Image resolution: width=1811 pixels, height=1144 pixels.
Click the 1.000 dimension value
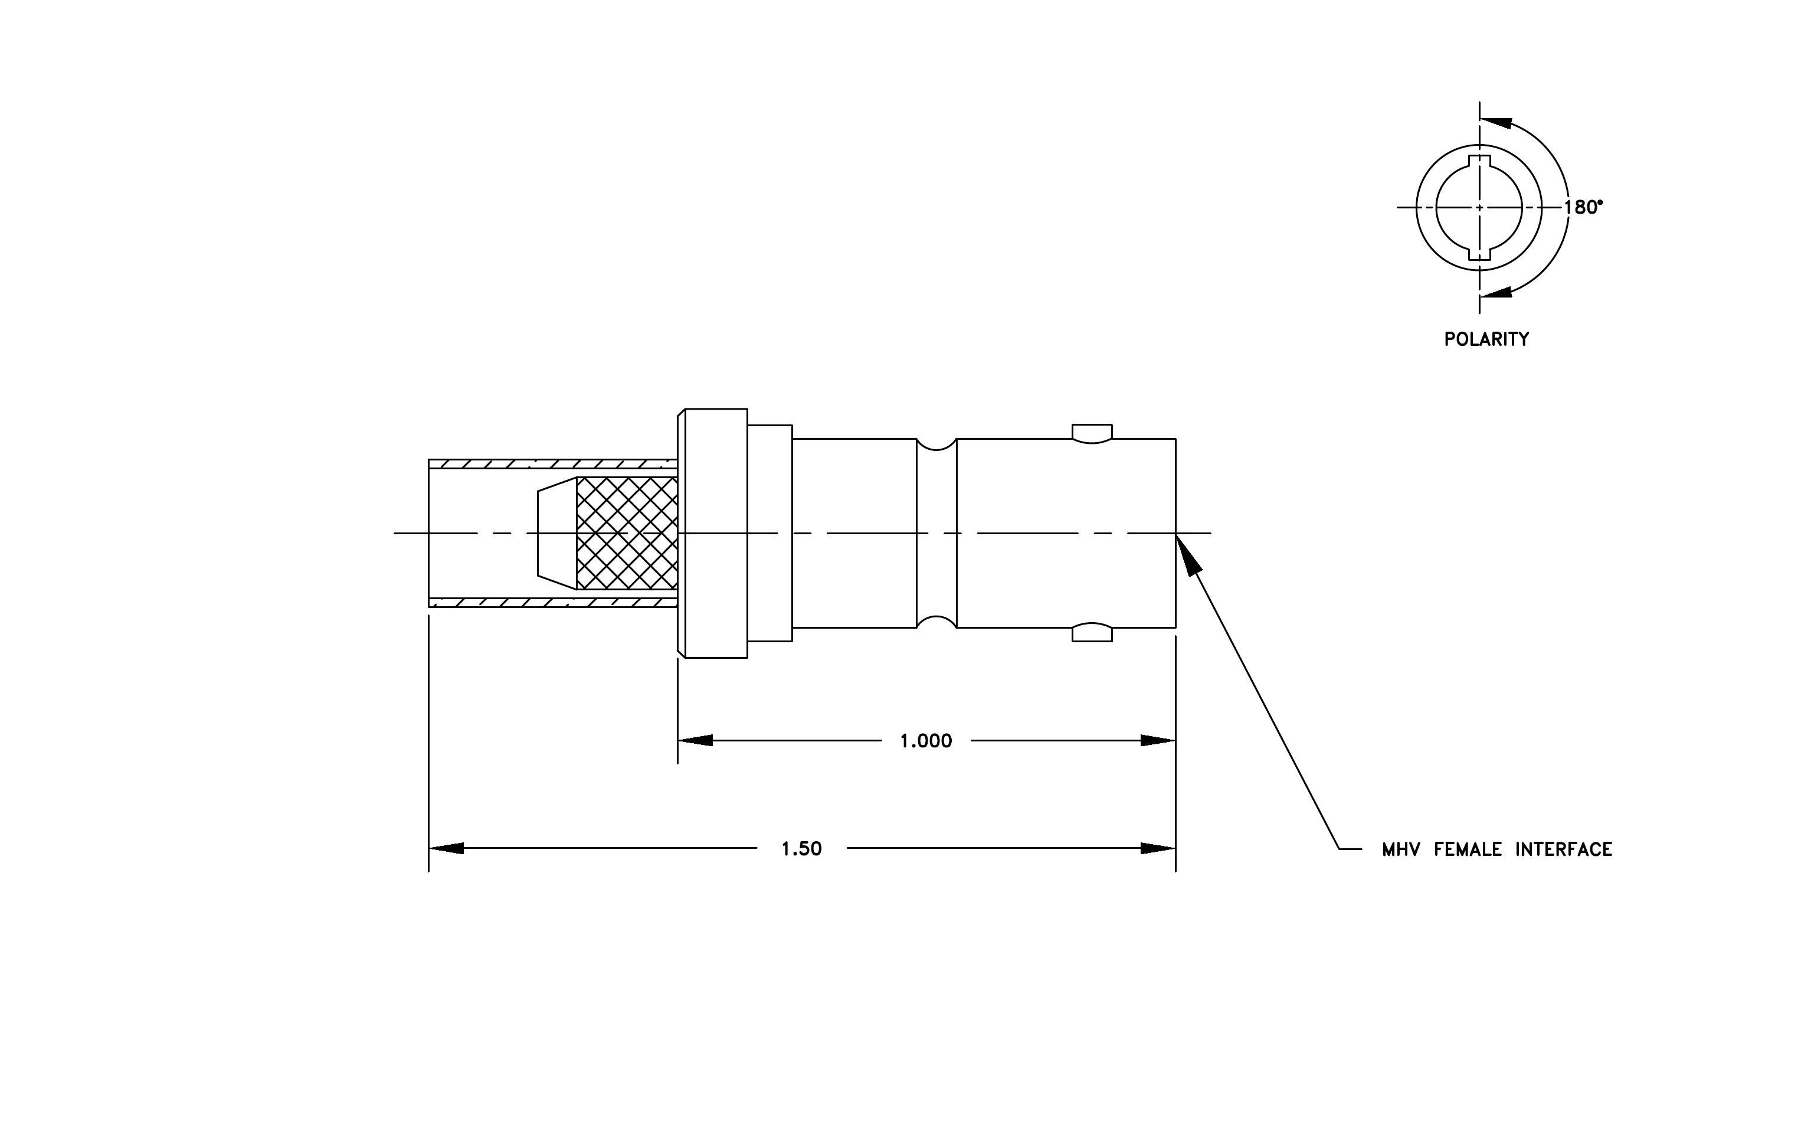(x=926, y=741)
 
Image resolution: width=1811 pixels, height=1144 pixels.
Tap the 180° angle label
(x=1584, y=208)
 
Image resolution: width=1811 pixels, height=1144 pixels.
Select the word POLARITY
(x=1486, y=339)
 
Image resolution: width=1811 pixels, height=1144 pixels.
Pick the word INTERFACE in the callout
(x=1564, y=850)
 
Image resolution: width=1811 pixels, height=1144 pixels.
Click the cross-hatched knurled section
(x=627, y=533)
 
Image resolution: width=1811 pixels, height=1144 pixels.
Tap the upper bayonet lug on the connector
(x=1092, y=434)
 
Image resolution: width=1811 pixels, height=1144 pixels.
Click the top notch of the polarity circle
(x=1479, y=161)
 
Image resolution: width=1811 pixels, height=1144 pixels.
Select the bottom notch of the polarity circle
(x=1479, y=253)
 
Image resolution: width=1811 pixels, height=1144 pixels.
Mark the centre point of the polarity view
(x=1479, y=208)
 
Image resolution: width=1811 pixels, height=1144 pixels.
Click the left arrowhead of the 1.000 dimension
(x=695, y=741)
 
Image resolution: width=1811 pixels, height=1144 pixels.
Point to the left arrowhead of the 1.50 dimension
(x=446, y=848)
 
